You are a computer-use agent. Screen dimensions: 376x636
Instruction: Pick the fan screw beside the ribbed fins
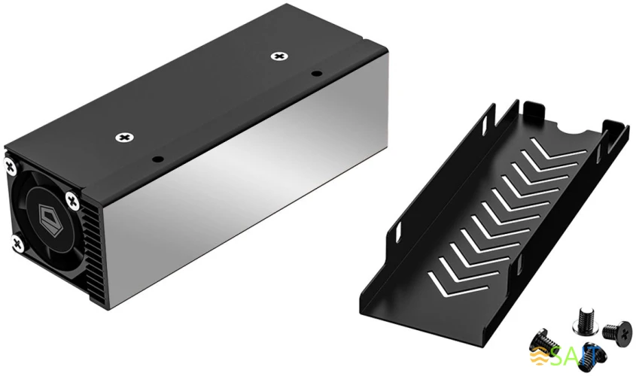click(72, 200)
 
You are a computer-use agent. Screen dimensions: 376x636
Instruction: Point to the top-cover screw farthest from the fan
click(280, 56)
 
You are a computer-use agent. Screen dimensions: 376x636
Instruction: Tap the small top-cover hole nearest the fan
click(157, 159)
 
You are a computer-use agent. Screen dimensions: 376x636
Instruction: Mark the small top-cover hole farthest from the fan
click(317, 74)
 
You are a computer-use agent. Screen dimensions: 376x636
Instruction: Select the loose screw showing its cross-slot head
click(614, 330)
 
